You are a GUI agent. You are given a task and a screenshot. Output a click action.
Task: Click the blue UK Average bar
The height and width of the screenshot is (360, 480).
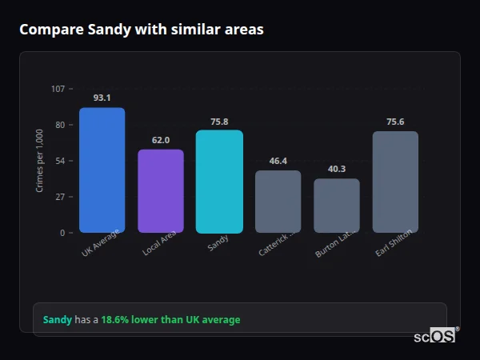(102, 170)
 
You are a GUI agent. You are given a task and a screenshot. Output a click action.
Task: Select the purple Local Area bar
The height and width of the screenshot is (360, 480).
(161, 191)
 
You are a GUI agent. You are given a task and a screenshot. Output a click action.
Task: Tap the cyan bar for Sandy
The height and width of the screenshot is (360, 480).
(219, 182)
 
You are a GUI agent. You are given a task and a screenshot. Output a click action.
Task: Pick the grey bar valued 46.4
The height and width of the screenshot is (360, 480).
(278, 202)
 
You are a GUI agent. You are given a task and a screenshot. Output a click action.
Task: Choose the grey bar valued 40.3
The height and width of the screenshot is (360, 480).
(337, 206)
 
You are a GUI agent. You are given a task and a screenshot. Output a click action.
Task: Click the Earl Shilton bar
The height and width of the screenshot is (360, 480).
(395, 182)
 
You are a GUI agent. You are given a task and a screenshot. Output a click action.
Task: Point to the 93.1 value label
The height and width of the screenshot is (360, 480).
(102, 98)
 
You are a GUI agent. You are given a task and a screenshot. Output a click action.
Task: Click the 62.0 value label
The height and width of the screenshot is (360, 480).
(161, 140)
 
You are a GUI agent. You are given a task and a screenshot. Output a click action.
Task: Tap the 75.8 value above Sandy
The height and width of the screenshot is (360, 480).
(219, 122)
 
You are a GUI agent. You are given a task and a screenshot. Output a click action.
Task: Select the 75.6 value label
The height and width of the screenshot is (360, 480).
(395, 122)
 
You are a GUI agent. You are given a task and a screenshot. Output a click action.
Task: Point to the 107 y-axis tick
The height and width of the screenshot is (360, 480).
(58, 89)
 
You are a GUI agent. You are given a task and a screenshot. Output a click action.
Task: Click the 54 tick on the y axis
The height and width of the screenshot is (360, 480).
(59, 161)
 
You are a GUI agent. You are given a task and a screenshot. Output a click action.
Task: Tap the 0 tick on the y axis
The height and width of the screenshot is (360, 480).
(62, 233)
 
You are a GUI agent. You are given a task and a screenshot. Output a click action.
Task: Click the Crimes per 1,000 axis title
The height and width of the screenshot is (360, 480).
(40, 161)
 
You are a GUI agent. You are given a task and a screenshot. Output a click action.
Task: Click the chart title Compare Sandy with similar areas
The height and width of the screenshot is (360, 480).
(142, 30)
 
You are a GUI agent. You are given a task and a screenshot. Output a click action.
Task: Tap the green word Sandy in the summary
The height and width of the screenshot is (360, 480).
(57, 320)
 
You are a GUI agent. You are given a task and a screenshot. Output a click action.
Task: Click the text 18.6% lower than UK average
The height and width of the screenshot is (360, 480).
(170, 320)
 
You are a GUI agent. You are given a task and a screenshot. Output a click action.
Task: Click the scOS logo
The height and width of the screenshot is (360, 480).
(434, 336)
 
